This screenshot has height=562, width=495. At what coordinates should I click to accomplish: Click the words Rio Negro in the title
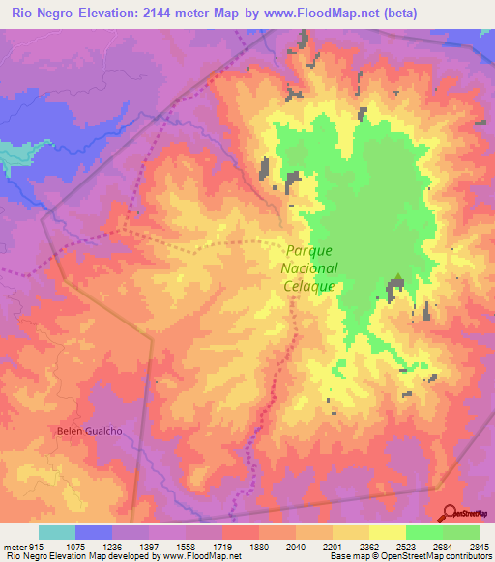tap(39, 13)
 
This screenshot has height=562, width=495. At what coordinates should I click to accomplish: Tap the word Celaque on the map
tap(309, 287)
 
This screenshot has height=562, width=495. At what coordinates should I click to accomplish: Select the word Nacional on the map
tap(309, 267)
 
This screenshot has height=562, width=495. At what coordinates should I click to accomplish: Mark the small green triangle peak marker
tap(397, 278)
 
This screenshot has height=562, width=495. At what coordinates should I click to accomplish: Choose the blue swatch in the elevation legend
tap(94, 532)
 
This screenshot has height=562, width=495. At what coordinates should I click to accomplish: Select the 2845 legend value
tap(480, 548)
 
